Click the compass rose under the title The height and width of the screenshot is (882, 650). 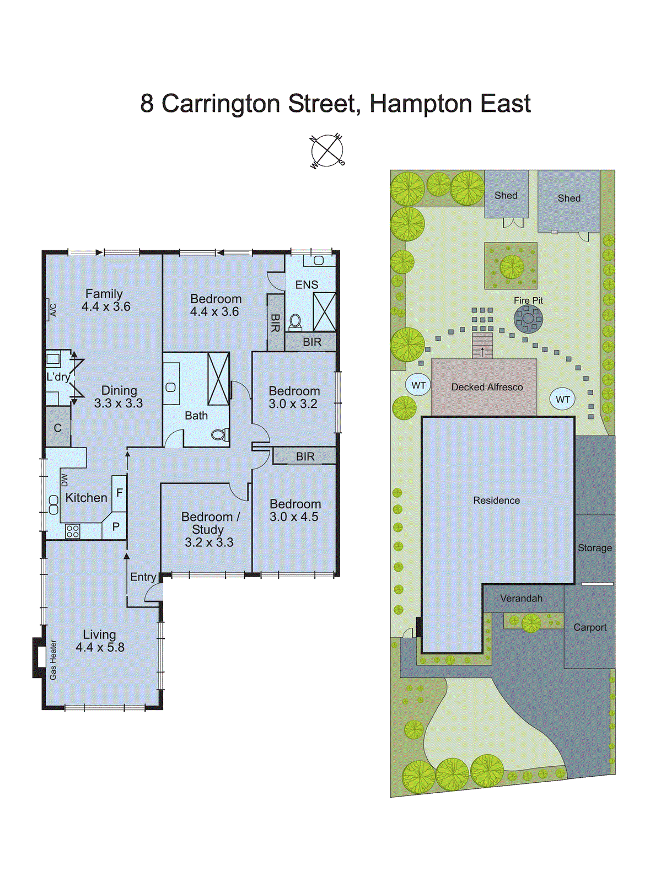327,150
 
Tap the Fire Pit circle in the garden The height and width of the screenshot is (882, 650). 528,319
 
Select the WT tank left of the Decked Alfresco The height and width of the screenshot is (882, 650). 418,385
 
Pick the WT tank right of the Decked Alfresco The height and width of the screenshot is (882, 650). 562,399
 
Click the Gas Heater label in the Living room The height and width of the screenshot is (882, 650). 53,659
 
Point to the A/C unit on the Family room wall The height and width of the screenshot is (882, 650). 52,310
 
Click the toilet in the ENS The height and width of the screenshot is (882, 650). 296,321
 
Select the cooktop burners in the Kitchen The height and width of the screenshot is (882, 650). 73,531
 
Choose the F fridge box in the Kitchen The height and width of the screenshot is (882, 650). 119,493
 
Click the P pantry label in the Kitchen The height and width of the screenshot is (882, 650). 116,526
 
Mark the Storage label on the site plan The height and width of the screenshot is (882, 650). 594,548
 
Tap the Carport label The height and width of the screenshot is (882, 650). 589,627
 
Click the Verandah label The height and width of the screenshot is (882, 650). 521,598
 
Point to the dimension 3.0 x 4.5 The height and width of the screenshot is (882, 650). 294,517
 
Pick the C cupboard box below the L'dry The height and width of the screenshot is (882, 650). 58,428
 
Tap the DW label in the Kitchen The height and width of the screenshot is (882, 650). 65,480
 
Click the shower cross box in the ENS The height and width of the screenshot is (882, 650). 324,312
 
